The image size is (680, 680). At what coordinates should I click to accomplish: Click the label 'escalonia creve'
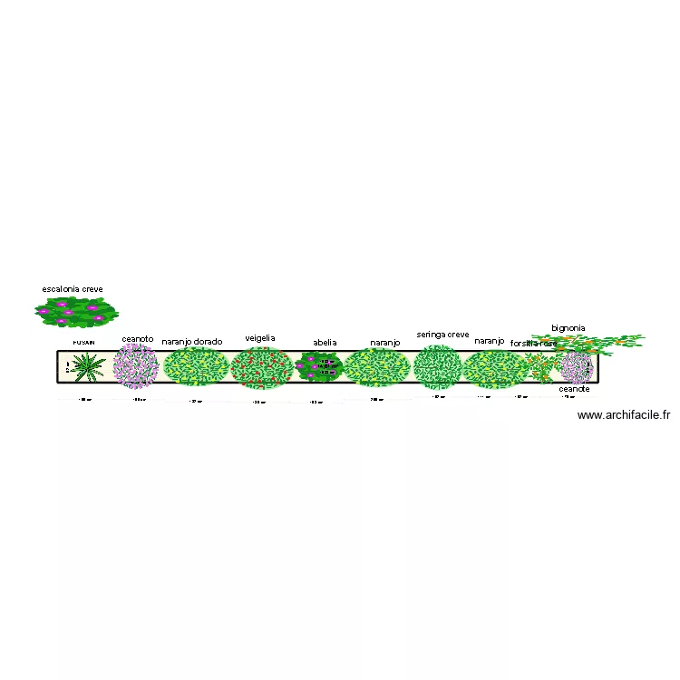coord(73,289)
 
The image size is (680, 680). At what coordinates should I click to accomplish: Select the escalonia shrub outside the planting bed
coord(76,312)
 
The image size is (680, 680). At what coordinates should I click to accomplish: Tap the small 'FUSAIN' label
coord(83,343)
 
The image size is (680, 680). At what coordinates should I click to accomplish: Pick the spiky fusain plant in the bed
coord(88,367)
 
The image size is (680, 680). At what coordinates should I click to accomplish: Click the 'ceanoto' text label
coord(138,339)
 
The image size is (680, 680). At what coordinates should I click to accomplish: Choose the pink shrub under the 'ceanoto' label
coord(136,366)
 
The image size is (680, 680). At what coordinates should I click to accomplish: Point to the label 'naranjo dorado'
coord(192,342)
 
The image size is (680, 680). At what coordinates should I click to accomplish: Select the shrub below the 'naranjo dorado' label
coord(195,367)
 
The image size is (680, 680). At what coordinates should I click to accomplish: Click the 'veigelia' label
coord(260,338)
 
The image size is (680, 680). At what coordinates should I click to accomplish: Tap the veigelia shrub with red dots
coord(261,367)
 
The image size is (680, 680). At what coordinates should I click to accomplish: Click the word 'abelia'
coord(325,342)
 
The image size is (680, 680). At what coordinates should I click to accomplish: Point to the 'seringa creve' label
coord(443,335)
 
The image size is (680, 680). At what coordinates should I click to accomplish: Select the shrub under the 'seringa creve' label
coord(438,365)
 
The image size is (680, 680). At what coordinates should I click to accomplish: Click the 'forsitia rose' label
coord(533,344)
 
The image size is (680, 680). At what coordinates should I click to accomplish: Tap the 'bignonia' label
coord(568,327)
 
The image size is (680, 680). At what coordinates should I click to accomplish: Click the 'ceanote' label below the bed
coord(575,388)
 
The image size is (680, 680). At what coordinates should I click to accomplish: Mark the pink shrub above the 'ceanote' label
coord(577,366)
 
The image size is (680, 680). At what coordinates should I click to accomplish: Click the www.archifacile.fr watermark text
coord(623,415)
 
